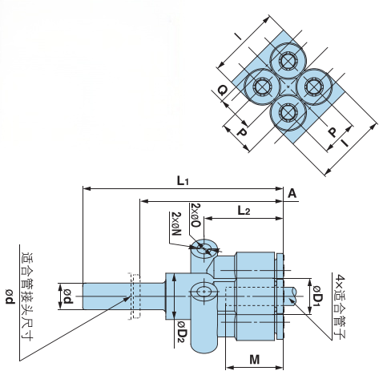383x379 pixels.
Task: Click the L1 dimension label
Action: [183, 180]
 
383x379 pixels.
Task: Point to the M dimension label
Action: [253, 360]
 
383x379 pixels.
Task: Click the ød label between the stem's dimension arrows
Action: [68, 298]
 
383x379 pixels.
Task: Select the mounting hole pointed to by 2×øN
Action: [206, 248]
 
